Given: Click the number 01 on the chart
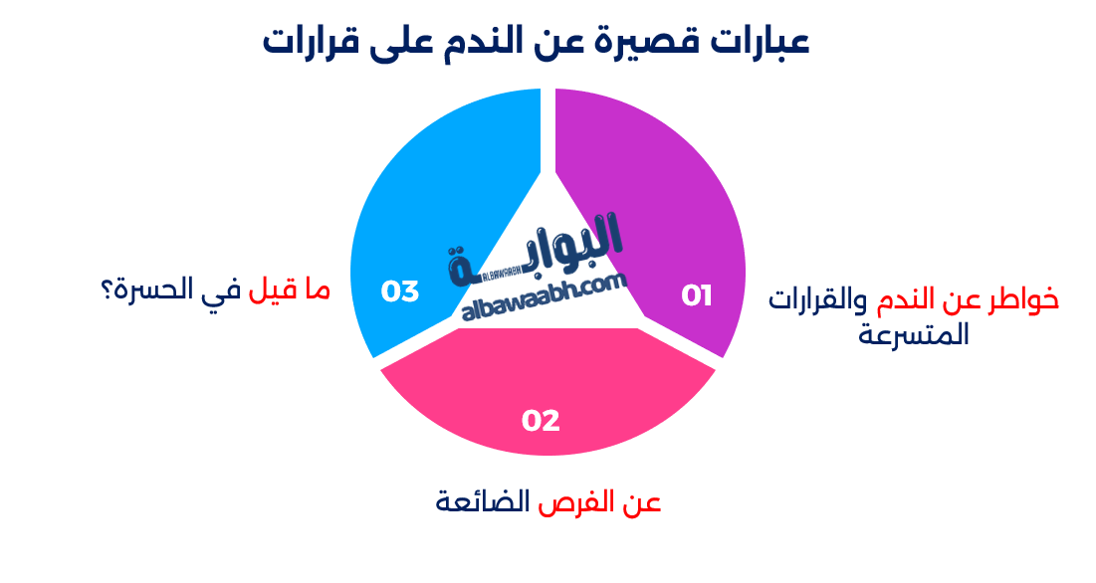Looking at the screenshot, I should coord(697,295).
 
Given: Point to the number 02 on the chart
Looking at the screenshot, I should coord(541,421).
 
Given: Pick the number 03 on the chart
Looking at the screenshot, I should coord(400,291).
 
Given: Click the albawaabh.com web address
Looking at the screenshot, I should coord(545,298).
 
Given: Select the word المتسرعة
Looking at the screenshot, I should coord(913,335).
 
